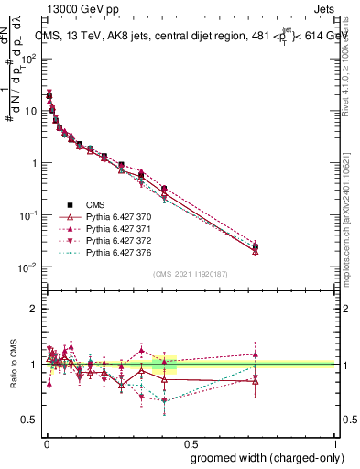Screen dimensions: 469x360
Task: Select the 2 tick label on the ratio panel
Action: pyautogui.click(x=34, y=310)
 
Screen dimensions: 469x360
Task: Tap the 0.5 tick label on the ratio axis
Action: pyautogui.click(x=29, y=420)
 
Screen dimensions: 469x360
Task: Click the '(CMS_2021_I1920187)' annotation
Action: pyautogui.click(x=190, y=274)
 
